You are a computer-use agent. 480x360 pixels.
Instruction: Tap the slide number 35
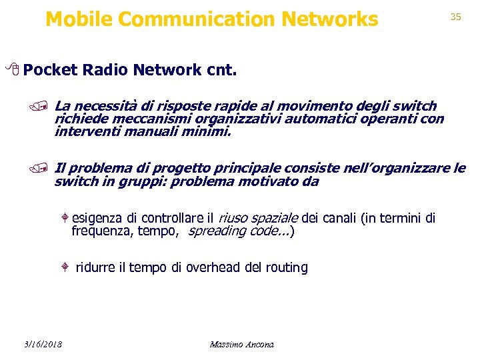tap(455, 17)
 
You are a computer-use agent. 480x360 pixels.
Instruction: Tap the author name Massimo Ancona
tap(241, 344)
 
